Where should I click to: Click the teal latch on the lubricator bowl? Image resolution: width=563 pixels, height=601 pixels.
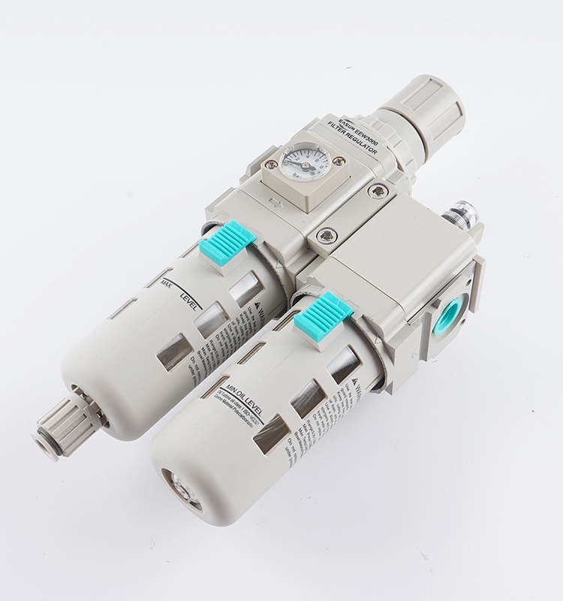point(323,314)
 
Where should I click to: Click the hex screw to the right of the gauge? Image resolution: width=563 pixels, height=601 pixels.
point(338,161)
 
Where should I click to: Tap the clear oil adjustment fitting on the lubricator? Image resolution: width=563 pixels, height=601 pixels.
point(459,213)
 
